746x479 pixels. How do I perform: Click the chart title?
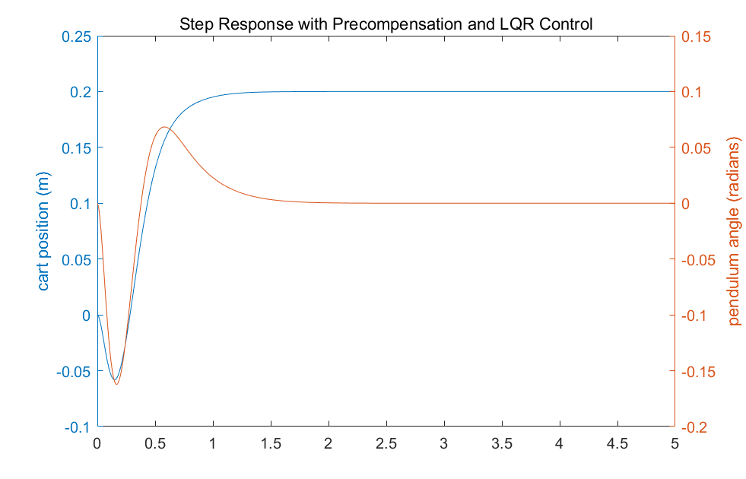[x=386, y=24]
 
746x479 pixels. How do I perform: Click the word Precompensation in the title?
[x=395, y=24]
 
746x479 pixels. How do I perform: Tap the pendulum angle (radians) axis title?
[x=734, y=232]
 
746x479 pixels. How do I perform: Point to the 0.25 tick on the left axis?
[x=76, y=36]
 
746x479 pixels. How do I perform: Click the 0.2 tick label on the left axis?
[x=80, y=92]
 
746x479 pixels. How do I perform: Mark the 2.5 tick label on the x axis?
[x=386, y=443]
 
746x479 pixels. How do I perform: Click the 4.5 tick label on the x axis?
[x=617, y=443]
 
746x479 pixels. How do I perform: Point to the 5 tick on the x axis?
[x=675, y=443]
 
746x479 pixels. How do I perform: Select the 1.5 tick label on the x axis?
[x=271, y=443]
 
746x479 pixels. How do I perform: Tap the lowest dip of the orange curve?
[x=116, y=384]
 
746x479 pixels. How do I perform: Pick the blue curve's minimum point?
[x=114, y=379]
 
